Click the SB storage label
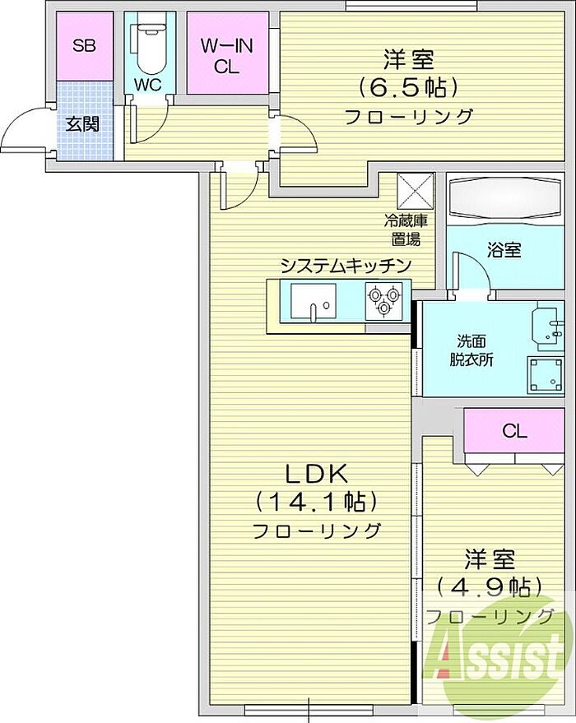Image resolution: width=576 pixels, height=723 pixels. click(x=85, y=45)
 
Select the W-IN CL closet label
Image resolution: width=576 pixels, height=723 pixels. click(x=226, y=56)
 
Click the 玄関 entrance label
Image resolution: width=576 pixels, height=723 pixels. click(x=82, y=124)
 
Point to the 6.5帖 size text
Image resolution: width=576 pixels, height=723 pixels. click(x=409, y=86)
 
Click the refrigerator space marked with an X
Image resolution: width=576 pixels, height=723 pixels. click(x=415, y=191)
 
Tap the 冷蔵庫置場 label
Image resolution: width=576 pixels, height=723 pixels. click(x=406, y=229)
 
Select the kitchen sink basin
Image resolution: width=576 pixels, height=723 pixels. click(x=314, y=301)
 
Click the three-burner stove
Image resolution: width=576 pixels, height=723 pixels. click(x=383, y=301)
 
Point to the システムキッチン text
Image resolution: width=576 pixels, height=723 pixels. click(x=346, y=266)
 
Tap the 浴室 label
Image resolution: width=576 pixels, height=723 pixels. click(x=504, y=250)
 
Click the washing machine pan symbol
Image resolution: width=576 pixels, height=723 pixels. click(x=546, y=375)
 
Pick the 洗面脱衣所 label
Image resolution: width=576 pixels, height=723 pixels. click(x=471, y=351)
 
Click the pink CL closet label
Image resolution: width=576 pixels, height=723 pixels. click(x=514, y=431)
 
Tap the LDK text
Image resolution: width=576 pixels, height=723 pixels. click(x=316, y=474)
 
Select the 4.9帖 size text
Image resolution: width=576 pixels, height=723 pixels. click(x=490, y=586)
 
